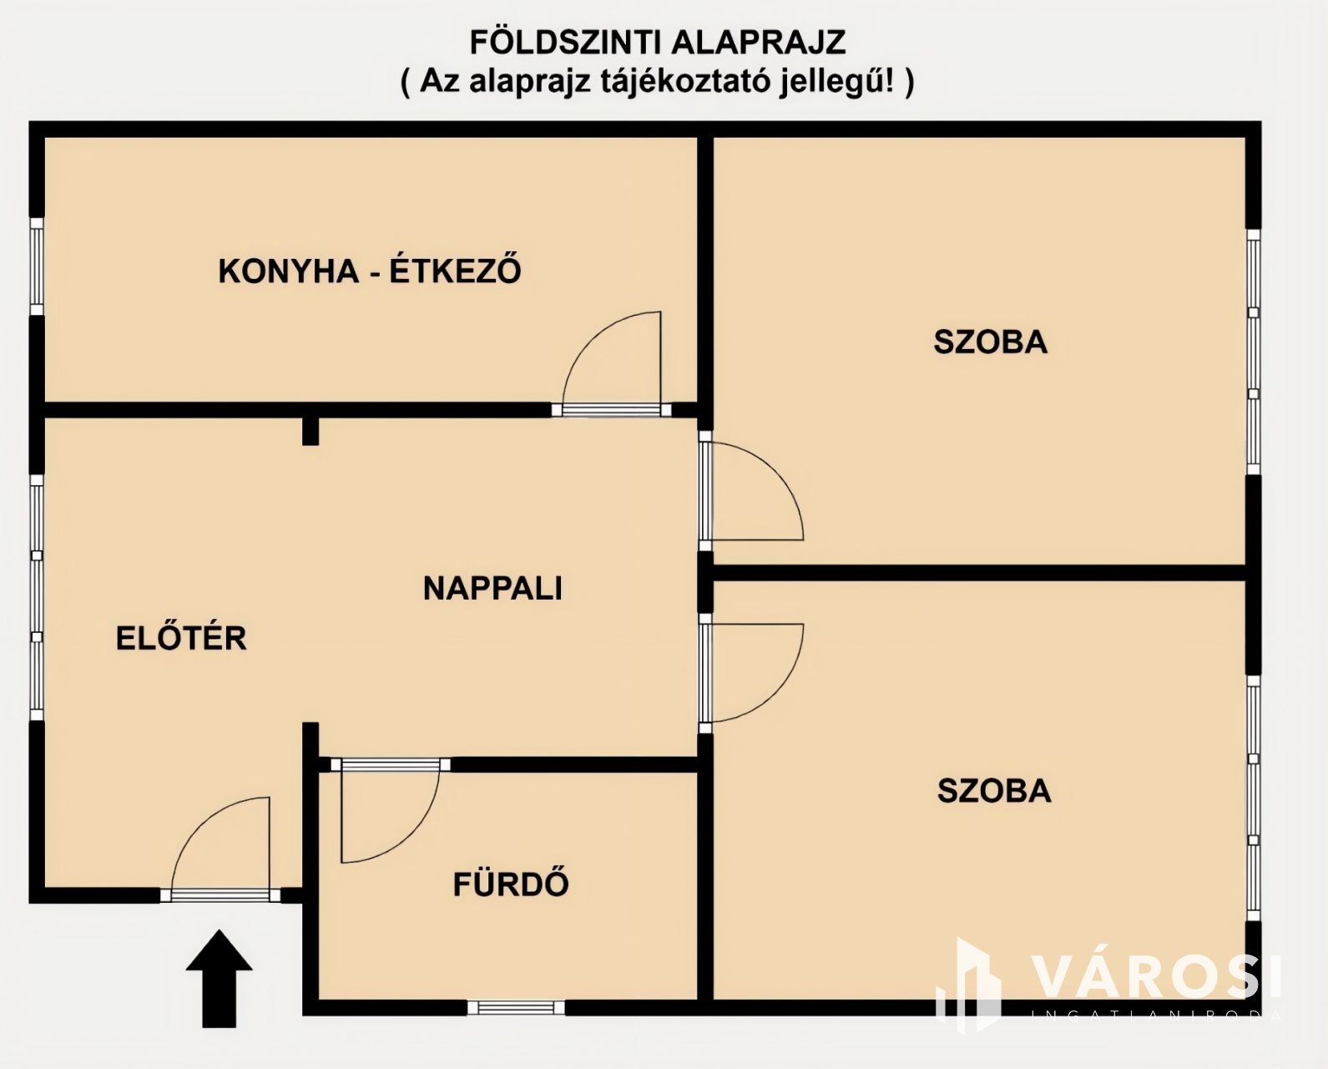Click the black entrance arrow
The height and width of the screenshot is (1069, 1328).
click(x=219, y=978)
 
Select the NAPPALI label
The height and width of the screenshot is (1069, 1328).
click(x=492, y=588)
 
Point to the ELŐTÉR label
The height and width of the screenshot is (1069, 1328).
click(x=181, y=638)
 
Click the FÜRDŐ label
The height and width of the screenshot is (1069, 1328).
click(x=511, y=883)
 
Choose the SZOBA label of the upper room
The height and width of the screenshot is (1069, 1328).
click(x=991, y=342)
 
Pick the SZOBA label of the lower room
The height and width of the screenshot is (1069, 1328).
click(x=994, y=791)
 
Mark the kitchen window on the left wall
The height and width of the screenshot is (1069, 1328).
click(x=37, y=266)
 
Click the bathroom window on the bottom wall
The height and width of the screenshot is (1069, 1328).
click(x=516, y=1007)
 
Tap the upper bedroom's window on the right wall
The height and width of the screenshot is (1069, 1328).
click(x=1254, y=352)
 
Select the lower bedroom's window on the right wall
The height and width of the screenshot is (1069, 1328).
click(x=1254, y=799)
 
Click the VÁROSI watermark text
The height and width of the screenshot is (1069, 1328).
click(x=1156, y=978)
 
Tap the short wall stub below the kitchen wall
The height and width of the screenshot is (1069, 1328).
click(x=311, y=431)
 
